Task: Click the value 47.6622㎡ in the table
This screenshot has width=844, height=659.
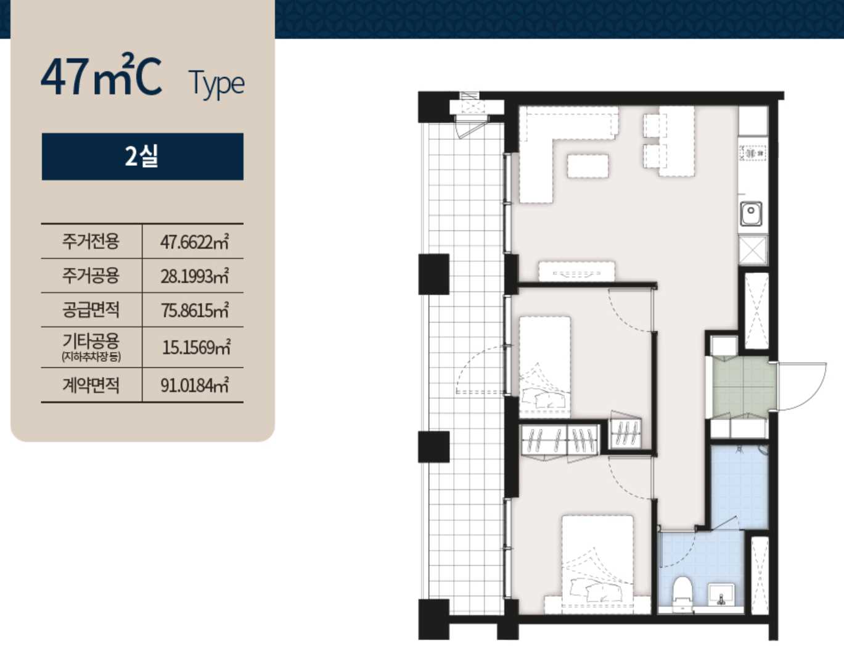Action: coord(194,242)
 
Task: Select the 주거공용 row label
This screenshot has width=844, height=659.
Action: coord(91,276)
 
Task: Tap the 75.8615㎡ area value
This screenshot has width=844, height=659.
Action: coord(194,310)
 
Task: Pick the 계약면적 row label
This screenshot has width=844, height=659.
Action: coord(91,385)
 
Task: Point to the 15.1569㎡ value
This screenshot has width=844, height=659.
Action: coord(197,347)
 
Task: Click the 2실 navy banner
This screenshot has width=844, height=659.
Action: coord(142,157)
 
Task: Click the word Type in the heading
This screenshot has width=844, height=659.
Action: coord(217,84)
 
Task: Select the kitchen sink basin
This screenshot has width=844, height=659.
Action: coord(750,213)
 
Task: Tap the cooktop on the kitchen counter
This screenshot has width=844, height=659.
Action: coord(752,153)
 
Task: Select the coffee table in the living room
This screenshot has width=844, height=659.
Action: coord(588,166)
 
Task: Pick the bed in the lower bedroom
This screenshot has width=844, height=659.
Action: coord(598,562)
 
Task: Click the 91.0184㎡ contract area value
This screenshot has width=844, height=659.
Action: coord(194,385)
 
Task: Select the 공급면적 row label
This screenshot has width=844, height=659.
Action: coord(91,310)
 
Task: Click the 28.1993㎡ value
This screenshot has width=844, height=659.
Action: coord(194,276)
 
